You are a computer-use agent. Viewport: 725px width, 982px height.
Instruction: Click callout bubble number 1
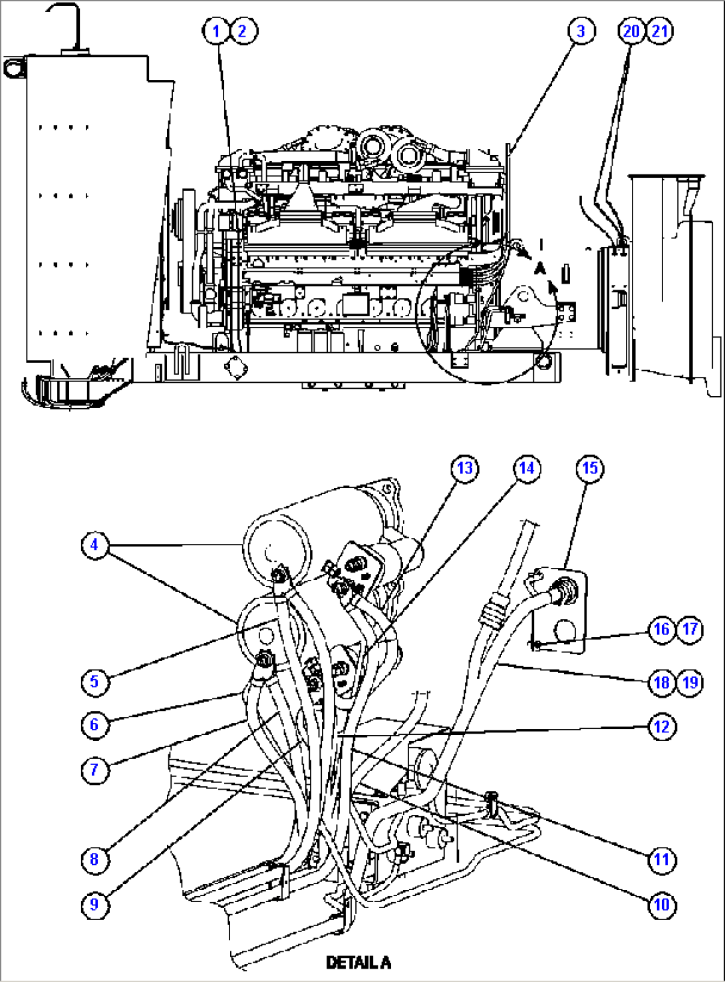coord(216,31)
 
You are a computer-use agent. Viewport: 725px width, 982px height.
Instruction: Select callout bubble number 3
coord(581,31)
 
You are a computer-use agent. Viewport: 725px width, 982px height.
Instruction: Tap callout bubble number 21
coord(659,31)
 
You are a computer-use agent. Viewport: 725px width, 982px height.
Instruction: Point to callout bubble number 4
coord(94,545)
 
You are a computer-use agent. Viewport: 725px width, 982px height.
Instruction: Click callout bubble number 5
coord(94,682)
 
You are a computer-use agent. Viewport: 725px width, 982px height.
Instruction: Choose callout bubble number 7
coord(94,770)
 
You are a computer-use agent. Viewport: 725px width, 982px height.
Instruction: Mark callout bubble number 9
coord(94,904)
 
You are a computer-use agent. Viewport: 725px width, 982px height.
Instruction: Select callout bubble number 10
coord(661,904)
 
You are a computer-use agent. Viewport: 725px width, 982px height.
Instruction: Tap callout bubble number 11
coord(661,859)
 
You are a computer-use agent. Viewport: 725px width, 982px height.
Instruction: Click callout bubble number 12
coord(661,726)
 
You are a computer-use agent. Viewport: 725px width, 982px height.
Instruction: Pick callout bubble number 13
coord(464,468)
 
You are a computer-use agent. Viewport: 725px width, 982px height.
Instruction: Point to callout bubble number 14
coord(526,468)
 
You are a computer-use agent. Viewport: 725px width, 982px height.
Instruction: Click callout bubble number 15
coord(590,468)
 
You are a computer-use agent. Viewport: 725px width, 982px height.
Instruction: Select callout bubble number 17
coord(690,629)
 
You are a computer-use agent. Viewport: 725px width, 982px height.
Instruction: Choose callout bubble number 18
coord(661,682)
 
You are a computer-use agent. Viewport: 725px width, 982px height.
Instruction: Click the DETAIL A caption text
coord(359,963)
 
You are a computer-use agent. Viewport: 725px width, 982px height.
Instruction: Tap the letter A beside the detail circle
coord(540,266)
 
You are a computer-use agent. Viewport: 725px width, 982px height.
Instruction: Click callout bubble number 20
coord(631,31)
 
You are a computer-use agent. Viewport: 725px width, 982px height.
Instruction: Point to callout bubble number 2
coord(243,31)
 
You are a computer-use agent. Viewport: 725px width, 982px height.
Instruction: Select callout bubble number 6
coord(94,724)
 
